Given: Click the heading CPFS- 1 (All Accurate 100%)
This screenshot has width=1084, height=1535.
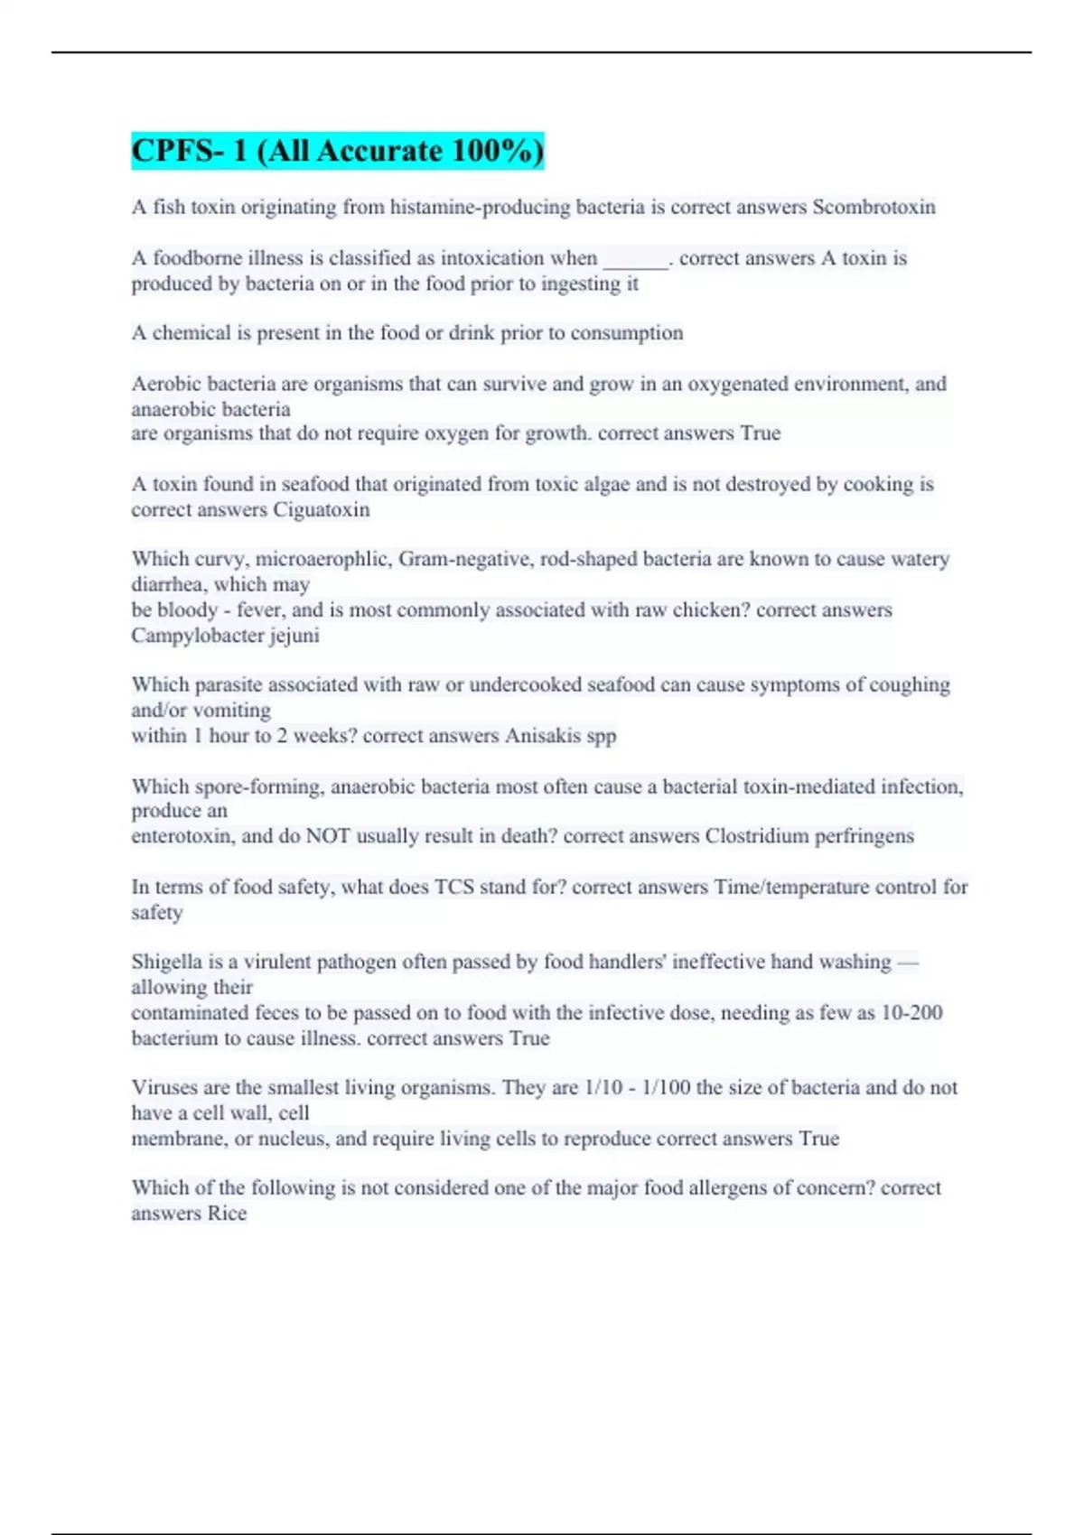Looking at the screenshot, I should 337,151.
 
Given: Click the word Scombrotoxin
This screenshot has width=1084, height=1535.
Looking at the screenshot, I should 874,207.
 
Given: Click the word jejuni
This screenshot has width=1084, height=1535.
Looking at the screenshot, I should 294,636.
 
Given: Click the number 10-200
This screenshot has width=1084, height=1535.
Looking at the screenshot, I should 911,1013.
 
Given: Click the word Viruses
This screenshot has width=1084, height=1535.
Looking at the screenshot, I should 165,1088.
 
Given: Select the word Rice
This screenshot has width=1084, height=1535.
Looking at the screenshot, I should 227,1214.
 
